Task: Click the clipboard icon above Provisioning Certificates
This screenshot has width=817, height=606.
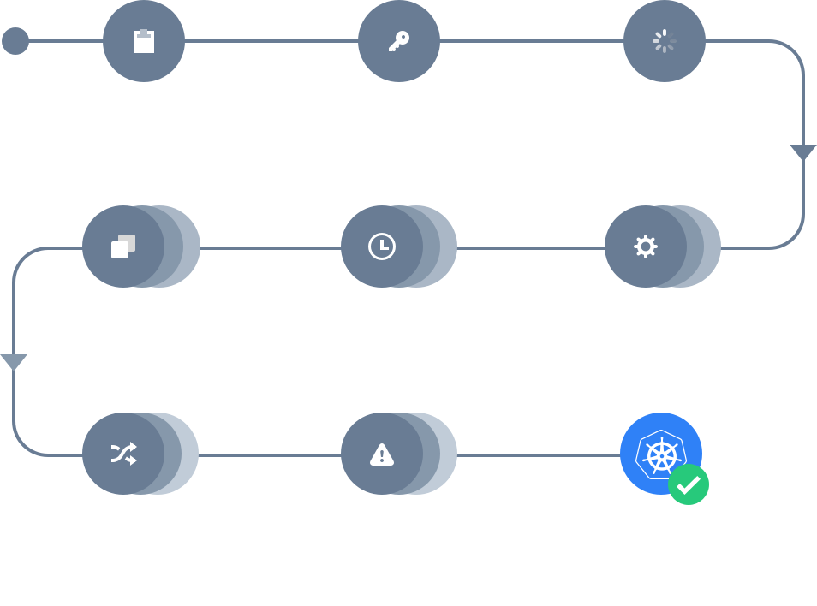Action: pyautogui.click(x=143, y=41)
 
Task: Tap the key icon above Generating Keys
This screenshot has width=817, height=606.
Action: pyautogui.click(x=398, y=41)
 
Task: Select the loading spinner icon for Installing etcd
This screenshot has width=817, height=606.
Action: pyautogui.click(x=664, y=41)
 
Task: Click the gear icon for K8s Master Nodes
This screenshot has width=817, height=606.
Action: pyautogui.click(x=645, y=247)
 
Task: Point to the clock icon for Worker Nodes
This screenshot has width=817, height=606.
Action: pyautogui.click(x=382, y=247)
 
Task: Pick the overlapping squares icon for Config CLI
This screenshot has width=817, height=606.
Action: pyautogui.click(x=123, y=247)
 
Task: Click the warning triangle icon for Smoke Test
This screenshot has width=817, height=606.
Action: pyautogui.click(x=382, y=454)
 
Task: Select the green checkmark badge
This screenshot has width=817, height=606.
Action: pyautogui.click(x=688, y=485)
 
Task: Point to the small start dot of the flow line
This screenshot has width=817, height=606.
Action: pyautogui.click(x=15, y=41)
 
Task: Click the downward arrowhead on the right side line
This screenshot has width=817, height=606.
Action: pyautogui.click(x=803, y=153)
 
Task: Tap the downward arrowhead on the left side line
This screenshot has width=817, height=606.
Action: pyautogui.click(x=13, y=361)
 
